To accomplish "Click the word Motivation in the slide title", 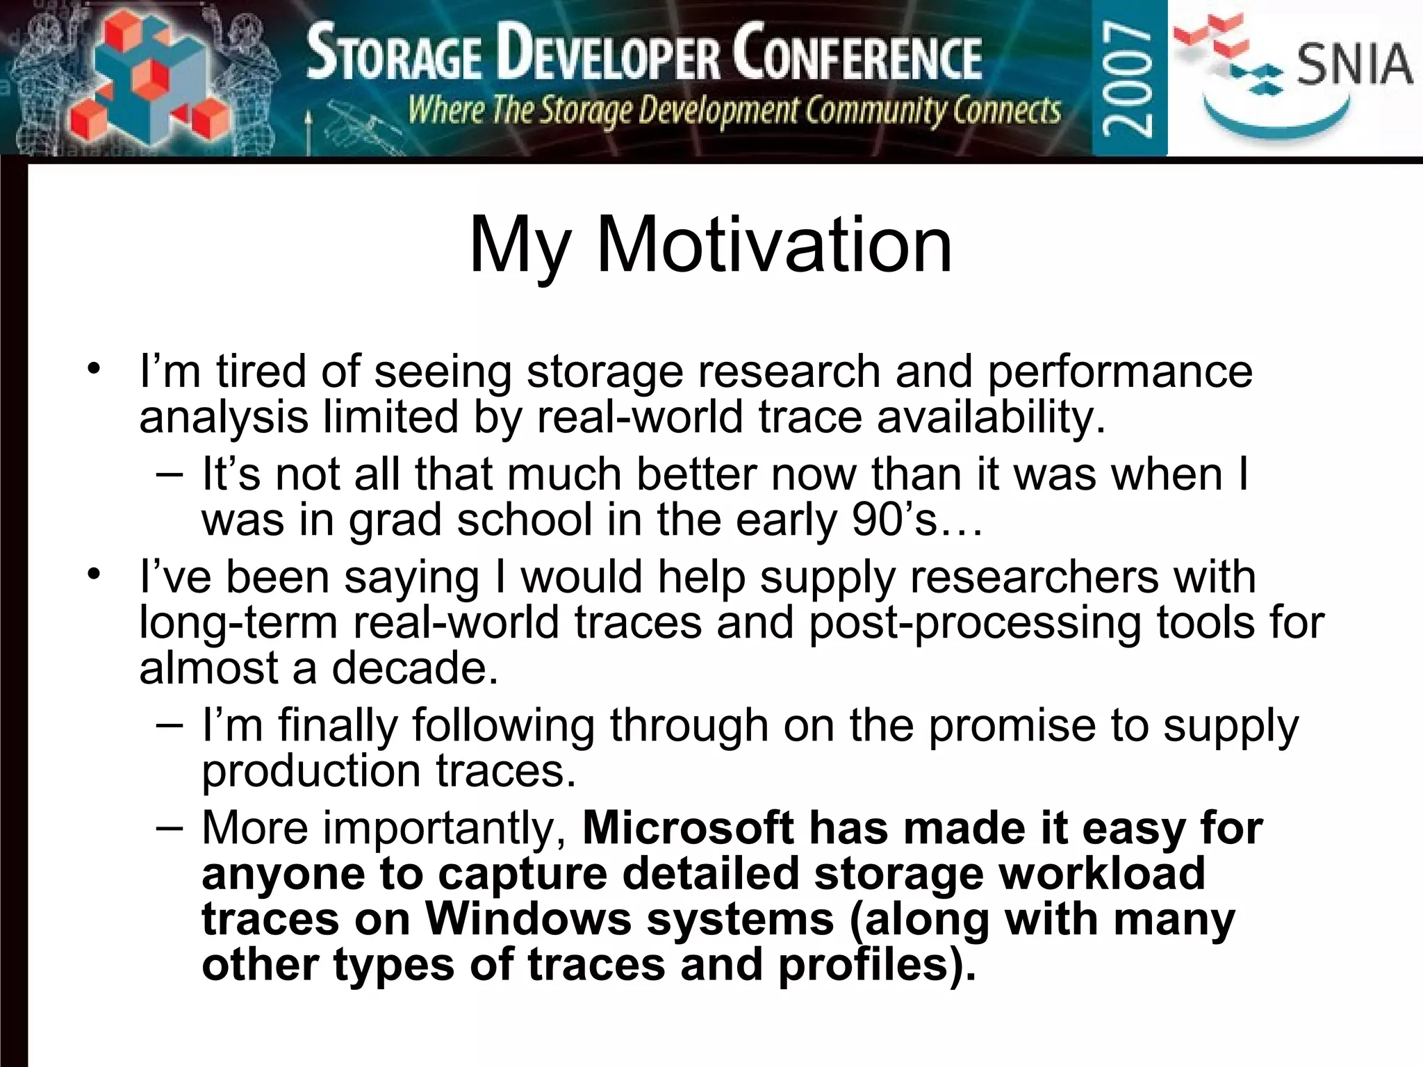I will (x=774, y=245).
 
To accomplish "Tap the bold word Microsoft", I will (x=687, y=828).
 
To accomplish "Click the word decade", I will (x=415, y=668).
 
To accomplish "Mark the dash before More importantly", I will (x=170, y=827).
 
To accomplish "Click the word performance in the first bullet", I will (x=1119, y=372).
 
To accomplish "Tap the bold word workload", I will (x=1102, y=873).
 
